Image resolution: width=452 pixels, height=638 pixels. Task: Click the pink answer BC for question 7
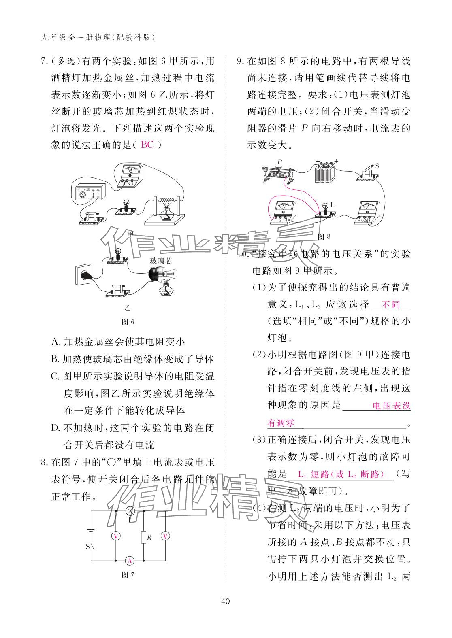(147, 145)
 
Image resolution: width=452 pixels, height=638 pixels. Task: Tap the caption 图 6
(128, 321)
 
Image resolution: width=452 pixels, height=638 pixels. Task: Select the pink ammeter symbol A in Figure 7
(130, 560)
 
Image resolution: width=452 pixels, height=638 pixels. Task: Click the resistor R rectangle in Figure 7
(143, 537)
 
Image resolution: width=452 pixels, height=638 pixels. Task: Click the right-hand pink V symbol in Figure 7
(165, 536)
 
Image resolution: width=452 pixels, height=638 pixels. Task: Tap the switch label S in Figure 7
(87, 547)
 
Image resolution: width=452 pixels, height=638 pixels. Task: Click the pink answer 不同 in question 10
(391, 304)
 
